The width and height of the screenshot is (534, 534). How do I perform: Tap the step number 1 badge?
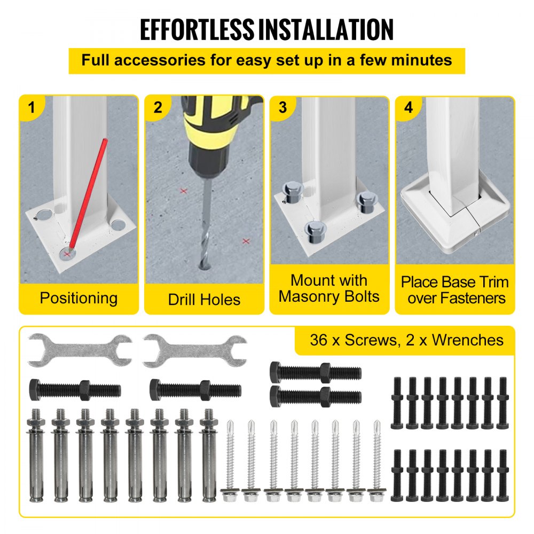pyautogui.click(x=32, y=107)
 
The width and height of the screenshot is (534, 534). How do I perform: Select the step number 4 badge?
pyautogui.click(x=409, y=107)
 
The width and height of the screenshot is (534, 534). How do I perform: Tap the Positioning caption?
pyautogui.click(x=78, y=297)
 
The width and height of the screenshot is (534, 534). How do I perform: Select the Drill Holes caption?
pyautogui.click(x=204, y=299)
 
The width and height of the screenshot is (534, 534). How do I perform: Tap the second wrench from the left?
pyautogui.click(x=195, y=350)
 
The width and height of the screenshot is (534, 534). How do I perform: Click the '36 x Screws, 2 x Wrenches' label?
pyautogui.click(x=406, y=340)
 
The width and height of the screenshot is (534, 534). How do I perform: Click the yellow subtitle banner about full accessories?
pyautogui.click(x=266, y=60)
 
